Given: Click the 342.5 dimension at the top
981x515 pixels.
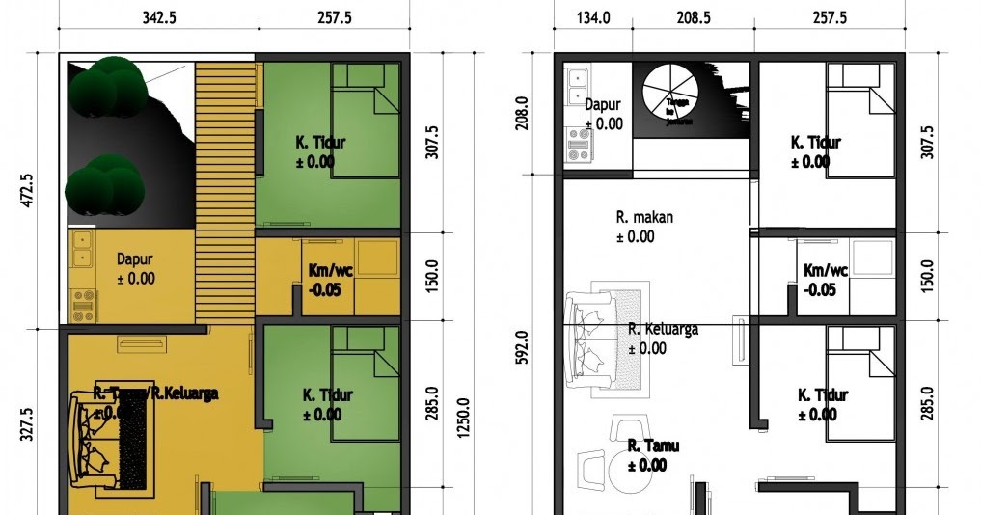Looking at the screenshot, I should pos(156,18).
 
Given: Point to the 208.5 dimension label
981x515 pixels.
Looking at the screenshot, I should pos(694,18).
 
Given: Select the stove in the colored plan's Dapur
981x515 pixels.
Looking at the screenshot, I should pos(83,304).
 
